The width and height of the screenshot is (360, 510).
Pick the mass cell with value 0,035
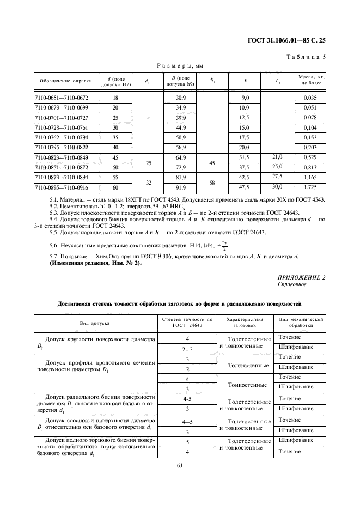(311, 98)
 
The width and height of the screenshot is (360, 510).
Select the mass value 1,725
(311, 188)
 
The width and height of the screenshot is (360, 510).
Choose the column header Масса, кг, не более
(311, 81)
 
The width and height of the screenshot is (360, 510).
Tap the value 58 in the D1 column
(213, 183)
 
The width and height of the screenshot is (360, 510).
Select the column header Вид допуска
(95, 323)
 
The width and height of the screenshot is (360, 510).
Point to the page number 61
(180, 465)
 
